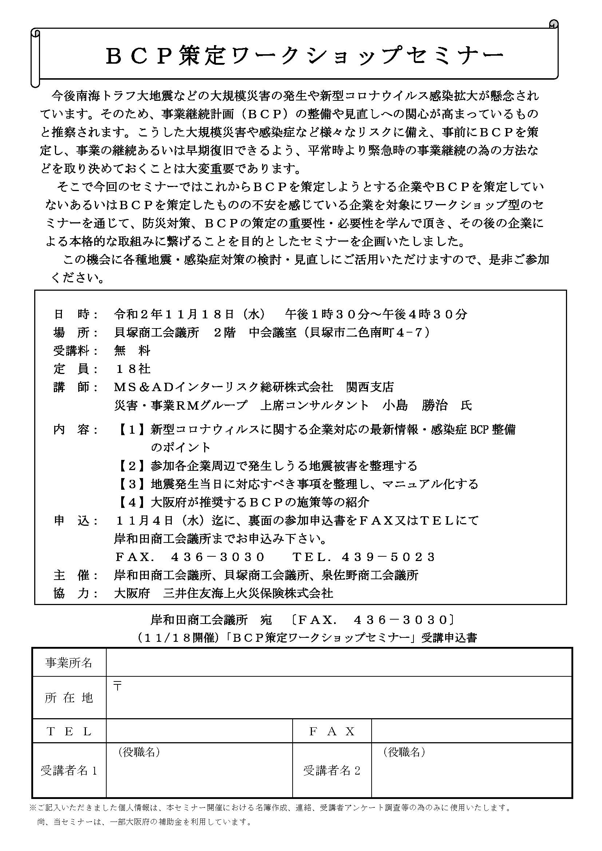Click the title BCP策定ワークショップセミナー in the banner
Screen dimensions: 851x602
pyautogui.click(x=304, y=56)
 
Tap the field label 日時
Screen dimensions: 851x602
pyautogui.click(x=76, y=314)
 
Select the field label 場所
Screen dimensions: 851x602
pyautogui.click(x=76, y=333)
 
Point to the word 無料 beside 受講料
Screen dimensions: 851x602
pyautogui.click(x=132, y=351)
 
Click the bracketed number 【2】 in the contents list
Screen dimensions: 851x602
pyautogui.click(x=132, y=466)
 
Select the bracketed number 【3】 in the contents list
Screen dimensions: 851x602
pyautogui.click(x=132, y=484)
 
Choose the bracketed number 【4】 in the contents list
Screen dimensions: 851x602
pyautogui.click(x=132, y=502)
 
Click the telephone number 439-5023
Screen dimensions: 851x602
pyautogui.click(x=388, y=557)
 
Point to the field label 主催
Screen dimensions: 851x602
pyautogui.click(x=76, y=575)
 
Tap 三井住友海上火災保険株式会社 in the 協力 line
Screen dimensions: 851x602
pyautogui.click(x=248, y=593)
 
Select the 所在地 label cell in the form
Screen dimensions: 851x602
pyautogui.click(x=69, y=698)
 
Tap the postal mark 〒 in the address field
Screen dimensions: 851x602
pyautogui.click(x=118, y=687)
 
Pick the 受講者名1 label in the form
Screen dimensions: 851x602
pyautogui.click(x=69, y=771)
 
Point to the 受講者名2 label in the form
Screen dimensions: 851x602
pyautogui.click(x=332, y=771)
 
